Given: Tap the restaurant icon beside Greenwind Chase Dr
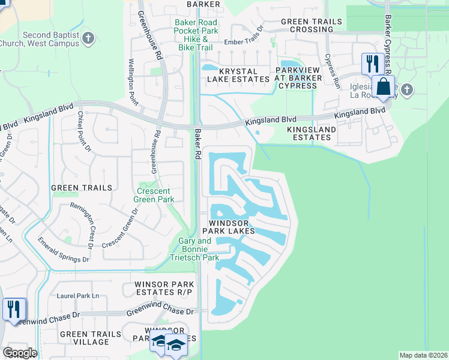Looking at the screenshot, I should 13,309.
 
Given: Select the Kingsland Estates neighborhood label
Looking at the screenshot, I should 309,133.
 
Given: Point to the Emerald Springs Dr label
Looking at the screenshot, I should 64,251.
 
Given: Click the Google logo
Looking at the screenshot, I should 20,353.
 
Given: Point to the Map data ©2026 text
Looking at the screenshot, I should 423,355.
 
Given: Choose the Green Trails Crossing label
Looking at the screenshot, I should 312,26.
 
